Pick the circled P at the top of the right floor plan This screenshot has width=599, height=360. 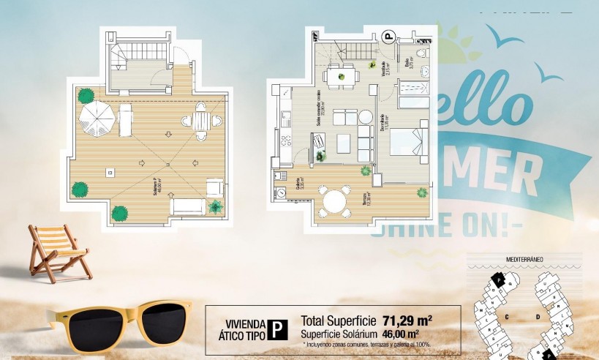[x=389, y=34]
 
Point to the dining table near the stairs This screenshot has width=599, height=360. [x=339, y=75]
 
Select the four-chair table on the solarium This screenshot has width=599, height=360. [x=201, y=119]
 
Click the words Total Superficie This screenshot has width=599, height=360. [x=339, y=320]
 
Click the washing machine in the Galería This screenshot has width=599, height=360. [x=281, y=192]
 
